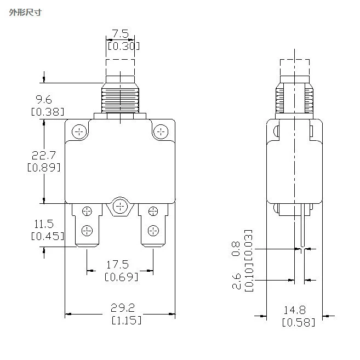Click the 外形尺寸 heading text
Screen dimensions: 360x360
[x=25, y=13]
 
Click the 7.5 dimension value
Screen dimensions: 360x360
[x=121, y=34]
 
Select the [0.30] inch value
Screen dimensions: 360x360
[x=123, y=46]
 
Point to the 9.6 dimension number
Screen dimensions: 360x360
[x=44, y=100]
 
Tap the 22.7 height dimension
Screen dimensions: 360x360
[x=44, y=156]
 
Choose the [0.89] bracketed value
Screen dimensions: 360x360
[x=44, y=167]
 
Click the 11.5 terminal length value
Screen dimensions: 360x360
[x=44, y=224]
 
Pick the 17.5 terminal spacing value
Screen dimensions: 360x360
[x=117, y=265]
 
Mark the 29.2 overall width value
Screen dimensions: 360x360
[x=123, y=308]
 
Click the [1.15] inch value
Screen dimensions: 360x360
[x=127, y=320]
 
